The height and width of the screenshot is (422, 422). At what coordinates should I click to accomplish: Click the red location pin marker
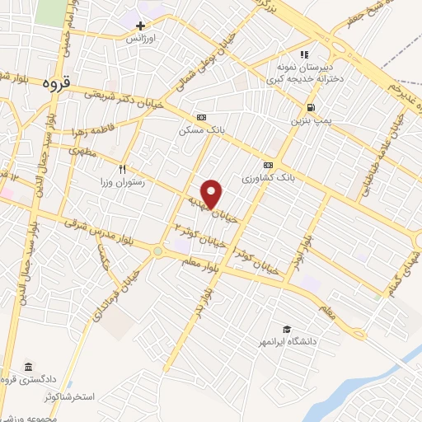213,194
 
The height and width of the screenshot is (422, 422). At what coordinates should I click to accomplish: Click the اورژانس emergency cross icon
141,26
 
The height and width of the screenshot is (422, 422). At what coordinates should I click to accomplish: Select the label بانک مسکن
199,130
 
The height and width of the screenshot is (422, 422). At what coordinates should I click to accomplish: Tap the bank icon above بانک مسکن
199,118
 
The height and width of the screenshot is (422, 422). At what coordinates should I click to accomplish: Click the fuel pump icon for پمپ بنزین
310,108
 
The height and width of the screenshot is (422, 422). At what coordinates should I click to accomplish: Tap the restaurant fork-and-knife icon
123,169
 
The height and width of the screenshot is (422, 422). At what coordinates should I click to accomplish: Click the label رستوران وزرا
121,182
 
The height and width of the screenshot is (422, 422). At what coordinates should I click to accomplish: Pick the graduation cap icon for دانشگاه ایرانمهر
287,329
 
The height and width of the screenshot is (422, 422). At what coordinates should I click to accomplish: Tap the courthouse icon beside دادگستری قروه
29,367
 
